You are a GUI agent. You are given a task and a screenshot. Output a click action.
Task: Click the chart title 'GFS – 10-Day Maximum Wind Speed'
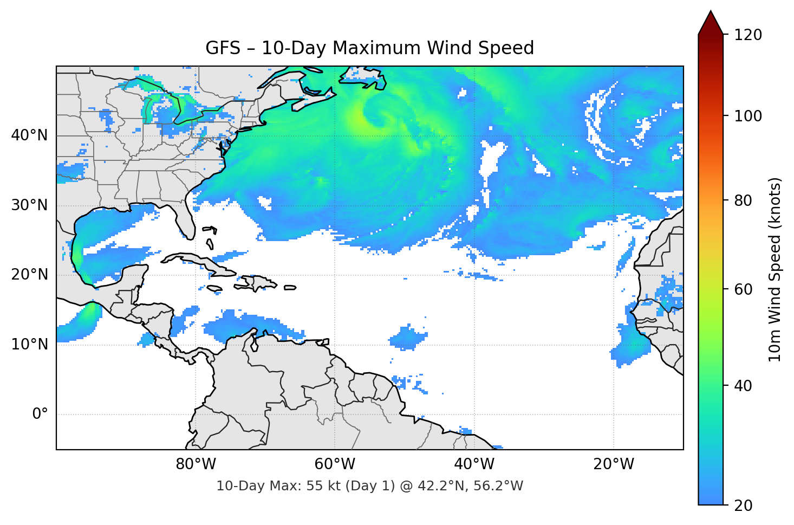point(369,48)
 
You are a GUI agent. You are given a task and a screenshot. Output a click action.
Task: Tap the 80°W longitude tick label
point(196,464)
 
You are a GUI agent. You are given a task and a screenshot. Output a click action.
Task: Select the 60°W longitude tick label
point(335,464)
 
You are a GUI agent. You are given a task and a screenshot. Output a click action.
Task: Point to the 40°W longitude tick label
point(474,464)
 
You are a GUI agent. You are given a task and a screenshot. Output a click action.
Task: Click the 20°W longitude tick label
point(613,464)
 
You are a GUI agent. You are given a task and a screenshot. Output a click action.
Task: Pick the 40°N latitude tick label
point(29,135)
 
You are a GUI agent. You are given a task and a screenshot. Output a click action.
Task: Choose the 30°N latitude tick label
point(29,205)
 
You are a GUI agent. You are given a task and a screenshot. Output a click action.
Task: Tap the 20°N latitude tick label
point(29,275)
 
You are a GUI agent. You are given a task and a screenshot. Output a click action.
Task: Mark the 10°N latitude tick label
point(29,345)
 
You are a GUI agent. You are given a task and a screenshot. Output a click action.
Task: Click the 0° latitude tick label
point(40,414)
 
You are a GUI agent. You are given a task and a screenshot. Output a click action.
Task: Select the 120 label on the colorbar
point(748,35)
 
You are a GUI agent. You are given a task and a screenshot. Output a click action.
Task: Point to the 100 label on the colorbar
point(748,116)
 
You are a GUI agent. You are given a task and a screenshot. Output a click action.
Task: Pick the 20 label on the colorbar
point(743,505)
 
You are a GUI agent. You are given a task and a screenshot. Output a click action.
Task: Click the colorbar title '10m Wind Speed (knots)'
point(775,269)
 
